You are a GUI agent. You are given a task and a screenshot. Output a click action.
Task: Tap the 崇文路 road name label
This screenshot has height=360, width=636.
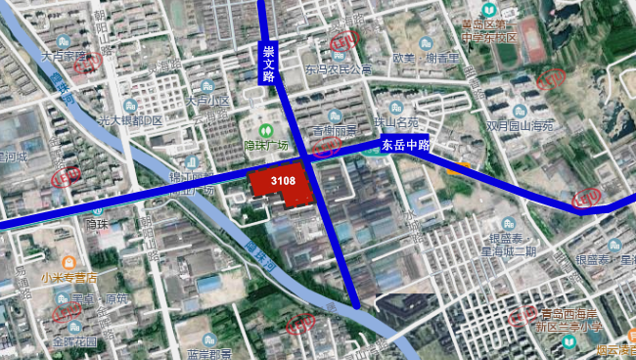[x=268, y=63]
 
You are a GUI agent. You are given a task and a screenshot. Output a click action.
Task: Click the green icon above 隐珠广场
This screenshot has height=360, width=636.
[x=264, y=131]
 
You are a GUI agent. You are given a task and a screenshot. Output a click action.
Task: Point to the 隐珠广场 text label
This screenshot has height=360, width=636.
[x=265, y=146]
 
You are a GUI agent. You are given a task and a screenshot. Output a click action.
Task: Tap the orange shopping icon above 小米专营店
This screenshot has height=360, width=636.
[x=68, y=263]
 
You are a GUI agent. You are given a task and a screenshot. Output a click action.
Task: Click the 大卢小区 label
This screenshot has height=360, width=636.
[x=206, y=100]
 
